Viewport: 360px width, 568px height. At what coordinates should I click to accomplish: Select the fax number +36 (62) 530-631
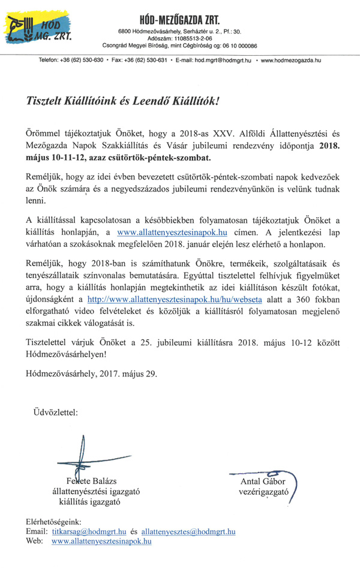click(x=140, y=60)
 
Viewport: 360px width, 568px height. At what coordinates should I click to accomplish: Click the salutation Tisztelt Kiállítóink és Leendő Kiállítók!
click(x=123, y=102)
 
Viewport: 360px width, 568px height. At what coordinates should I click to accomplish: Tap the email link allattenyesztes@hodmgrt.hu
click(x=188, y=531)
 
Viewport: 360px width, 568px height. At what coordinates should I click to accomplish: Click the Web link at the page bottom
click(x=101, y=541)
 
